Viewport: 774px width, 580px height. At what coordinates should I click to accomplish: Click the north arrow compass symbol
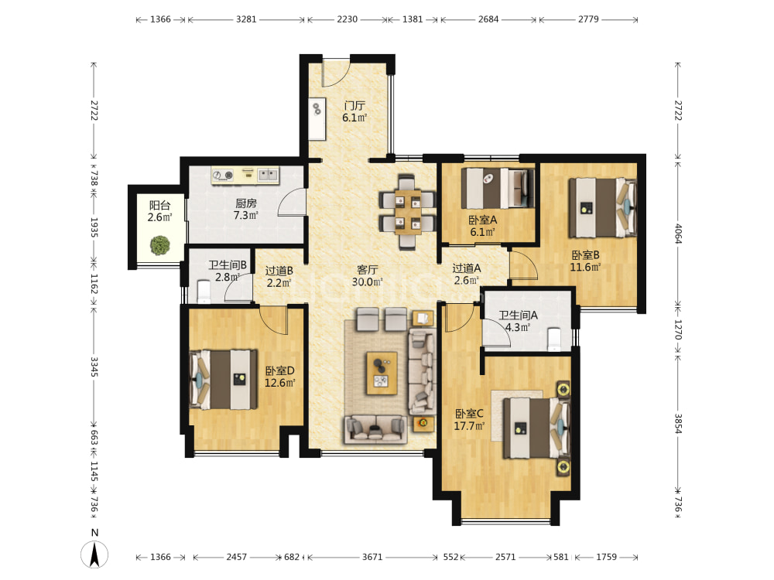tap(94, 554)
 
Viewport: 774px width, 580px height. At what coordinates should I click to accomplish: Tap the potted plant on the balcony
tap(160, 245)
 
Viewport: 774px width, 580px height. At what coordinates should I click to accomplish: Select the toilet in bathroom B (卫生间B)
tap(204, 291)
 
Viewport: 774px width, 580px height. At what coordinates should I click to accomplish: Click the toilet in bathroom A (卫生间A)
tap(554, 339)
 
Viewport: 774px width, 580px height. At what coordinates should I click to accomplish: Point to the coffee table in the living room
tap(382, 373)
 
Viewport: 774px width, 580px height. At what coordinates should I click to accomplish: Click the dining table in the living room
tap(408, 211)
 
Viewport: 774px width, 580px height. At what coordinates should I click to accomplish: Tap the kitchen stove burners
tap(223, 175)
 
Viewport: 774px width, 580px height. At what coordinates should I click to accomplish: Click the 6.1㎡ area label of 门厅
tap(354, 118)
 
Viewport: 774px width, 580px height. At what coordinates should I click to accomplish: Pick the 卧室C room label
tap(469, 413)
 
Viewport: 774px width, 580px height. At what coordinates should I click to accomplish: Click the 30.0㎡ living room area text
tap(367, 282)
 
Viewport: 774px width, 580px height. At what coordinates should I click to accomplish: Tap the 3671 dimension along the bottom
tap(372, 557)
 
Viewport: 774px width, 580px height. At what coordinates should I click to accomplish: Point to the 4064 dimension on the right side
tap(678, 234)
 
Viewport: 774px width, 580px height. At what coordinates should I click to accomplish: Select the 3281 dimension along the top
tap(246, 19)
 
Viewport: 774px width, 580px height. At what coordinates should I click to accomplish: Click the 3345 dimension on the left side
tap(94, 367)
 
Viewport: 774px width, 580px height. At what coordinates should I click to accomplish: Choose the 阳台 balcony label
tap(160, 205)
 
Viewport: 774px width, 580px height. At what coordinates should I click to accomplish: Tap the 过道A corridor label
tap(467, 268)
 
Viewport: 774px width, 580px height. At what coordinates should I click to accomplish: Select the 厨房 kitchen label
tap(246, 203)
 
